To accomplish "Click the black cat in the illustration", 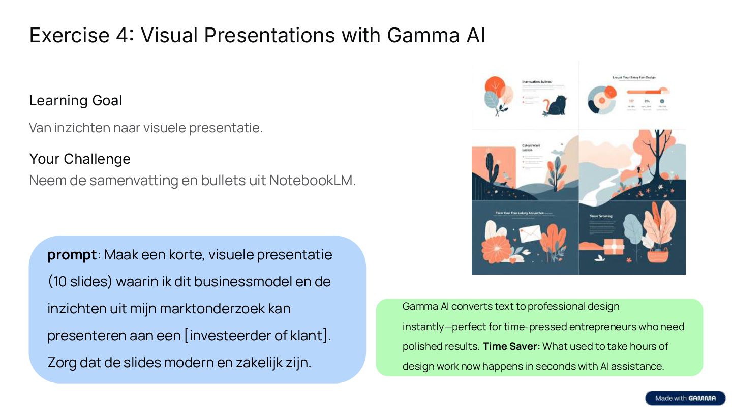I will click(556, 106).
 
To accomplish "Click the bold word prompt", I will click(72, 254).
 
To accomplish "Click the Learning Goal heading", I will click(76, 101).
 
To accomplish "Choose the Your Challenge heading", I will click(80, 159).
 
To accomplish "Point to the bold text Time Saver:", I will click(511, 346).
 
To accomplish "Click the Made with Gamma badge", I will click(685, 398).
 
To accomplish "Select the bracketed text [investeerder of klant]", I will click(257, 335).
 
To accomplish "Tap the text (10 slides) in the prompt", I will click(80, 281).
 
